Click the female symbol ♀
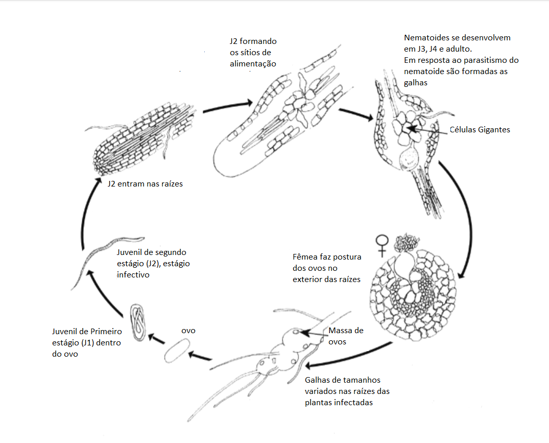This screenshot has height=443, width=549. [381, 245]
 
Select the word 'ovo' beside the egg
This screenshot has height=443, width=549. [188, 331]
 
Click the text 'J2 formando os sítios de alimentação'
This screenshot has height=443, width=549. [253, 52]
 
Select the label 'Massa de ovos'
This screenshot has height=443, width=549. [346, 336]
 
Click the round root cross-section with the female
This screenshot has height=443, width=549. [414, 296]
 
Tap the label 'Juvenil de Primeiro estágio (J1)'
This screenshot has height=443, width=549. [87, 343]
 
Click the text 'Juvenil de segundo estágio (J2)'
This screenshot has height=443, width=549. [151, 263]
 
